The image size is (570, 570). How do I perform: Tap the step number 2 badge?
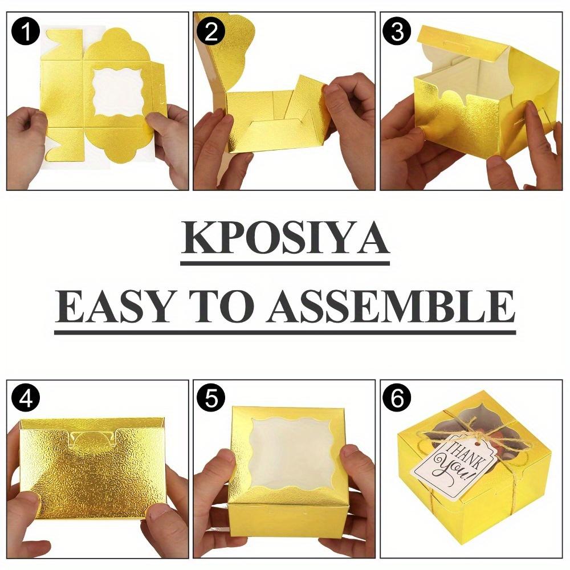pos(212,32)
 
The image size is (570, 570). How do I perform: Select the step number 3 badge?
pos(397,32)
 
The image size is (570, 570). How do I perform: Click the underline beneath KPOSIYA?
pos(285,263)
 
